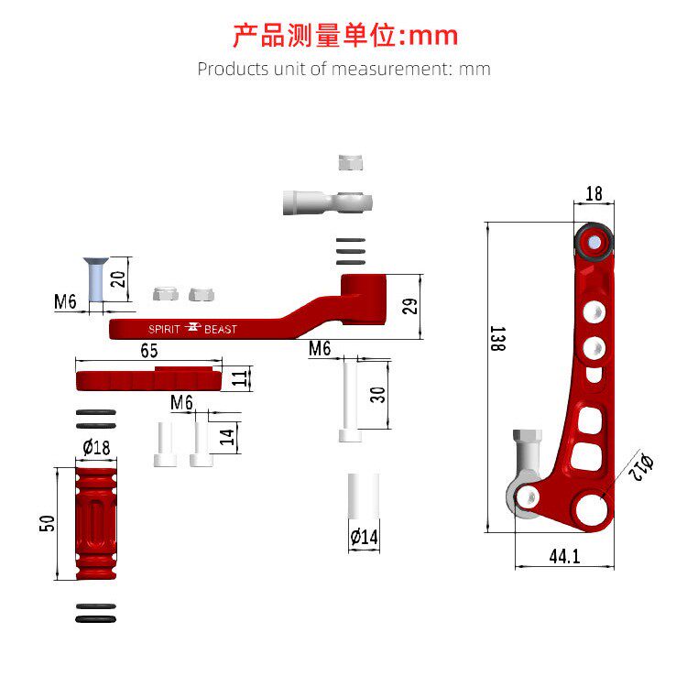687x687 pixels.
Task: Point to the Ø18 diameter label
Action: click(x=96, y=447)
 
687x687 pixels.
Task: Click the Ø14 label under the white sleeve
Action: click(x=364, y=538)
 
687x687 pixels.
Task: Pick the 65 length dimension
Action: click(x=148, y=350)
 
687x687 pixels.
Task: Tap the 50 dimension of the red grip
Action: click(x=49, y=523)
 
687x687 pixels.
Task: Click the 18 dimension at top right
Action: click(x=594, y=193)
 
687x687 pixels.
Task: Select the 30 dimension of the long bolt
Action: click(x=377, y=395)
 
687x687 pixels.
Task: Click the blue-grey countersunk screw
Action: click(x=93, y=280)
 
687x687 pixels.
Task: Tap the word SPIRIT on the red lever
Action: click(x=166, y=329)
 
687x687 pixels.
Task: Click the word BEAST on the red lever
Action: click(x=220, y=329)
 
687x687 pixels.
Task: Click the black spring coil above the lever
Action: click(x=352, y=248)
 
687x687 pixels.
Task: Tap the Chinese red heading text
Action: click(x=343, y=36)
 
